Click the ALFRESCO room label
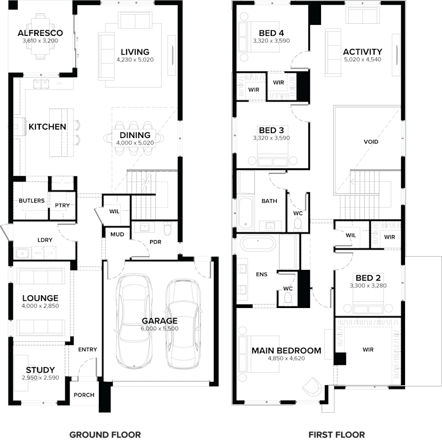click(40, 33)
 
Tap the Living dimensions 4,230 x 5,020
click(135, 59)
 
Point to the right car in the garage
click(183, 323)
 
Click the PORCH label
click(83, 395)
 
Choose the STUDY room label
click(40, 370)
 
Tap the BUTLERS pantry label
click(31, 200)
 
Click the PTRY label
click(61, 205)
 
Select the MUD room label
click(117, 234)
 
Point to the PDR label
click(155, 242)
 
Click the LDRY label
click(44, 240)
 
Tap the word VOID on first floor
click(371, 142)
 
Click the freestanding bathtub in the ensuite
click(257, 243)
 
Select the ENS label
click(261, 274)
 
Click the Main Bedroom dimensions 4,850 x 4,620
click(286, 358)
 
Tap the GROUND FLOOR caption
click(105, 434)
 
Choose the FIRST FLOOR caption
click(338, 434)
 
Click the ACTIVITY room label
click(362, 52)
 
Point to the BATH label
click(270, 201)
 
